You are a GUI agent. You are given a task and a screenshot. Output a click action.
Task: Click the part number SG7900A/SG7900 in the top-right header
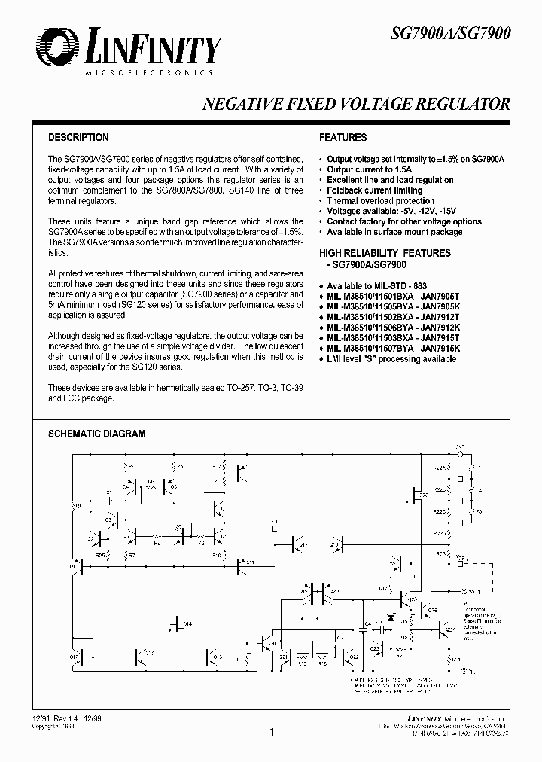(x=451, y=33)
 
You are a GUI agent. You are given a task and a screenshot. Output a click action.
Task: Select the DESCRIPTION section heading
(x=78, y=138)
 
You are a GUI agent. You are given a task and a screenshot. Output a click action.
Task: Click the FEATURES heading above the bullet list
(x=343, y=138)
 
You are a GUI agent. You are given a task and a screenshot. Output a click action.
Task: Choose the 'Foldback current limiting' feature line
(x=374, y=190)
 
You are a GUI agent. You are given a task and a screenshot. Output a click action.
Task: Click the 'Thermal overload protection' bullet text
(x=380, y=201)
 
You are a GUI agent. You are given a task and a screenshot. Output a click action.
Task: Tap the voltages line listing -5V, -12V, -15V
(x=391, y=212)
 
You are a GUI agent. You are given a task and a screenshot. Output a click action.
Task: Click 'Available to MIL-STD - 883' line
(x=377, y=286)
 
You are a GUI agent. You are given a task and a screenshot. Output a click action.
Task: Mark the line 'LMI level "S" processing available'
(x=391, y=359)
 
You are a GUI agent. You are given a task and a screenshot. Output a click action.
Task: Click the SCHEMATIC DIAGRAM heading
(x=96, y=434)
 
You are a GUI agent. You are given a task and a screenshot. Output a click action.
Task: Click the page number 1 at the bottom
(x=270, y=732)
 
